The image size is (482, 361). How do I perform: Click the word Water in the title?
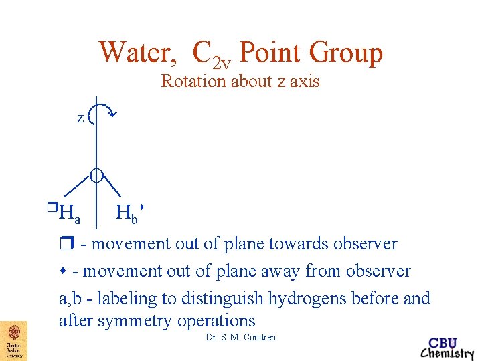pyautogui.click(x=137, y=52)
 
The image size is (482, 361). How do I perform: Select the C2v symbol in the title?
pyautogui.click(x=211, y=55)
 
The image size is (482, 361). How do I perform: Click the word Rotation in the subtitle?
pyautogui.click(x=193, y=82)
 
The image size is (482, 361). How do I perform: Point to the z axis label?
pyautogui.click(x=80, y=118)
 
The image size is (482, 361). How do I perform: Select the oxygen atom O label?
pyautogui.click(x=97, y=176)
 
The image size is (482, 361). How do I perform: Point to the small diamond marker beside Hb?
pyautogui.click(x=143, y=208)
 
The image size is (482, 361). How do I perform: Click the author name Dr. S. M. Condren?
pyautogui.click(x=241, y=338)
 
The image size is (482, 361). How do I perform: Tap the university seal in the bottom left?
pyautogui.click(x=13, y=340)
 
